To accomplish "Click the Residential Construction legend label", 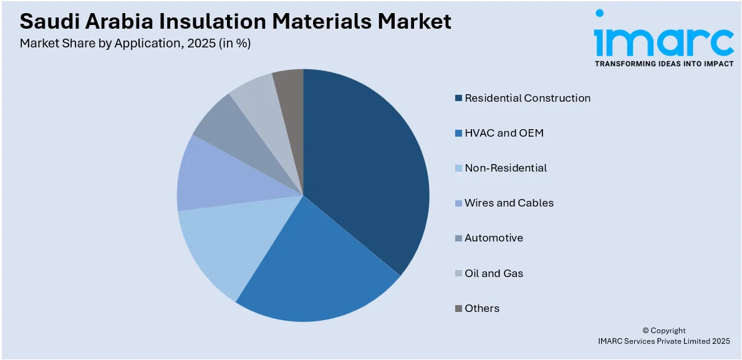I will [527, 98].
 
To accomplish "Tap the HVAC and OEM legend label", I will [504, 133].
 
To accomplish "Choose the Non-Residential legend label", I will [505, 168].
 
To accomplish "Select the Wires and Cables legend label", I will [509, 203].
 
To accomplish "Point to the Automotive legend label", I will [493, 238].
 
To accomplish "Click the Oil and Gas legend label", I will [494, 273].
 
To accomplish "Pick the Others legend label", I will [482, 308].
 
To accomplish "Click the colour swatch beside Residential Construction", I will [459, 98].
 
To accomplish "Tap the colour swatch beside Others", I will [459, 308].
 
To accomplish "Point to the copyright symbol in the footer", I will [646, 331].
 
